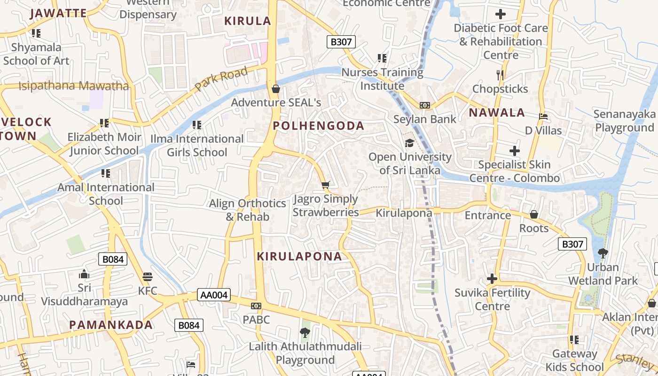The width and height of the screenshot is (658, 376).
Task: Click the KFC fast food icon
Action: click(x=148, y=276)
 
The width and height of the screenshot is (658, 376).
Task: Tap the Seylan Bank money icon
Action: click(x=425, y=105)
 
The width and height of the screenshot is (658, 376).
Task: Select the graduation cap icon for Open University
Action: click(x=409, y=143)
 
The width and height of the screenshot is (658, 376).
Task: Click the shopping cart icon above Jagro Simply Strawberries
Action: click(x=325, y=185)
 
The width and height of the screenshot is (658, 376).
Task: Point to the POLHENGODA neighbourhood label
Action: click(x=319, y=126)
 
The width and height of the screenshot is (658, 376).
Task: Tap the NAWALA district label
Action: click(x=497, y=113)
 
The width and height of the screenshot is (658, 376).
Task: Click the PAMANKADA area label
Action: click(x=111, y=325)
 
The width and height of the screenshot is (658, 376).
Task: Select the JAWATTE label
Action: click(x=58, y=13)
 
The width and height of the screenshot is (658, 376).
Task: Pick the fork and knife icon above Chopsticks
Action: click(x=500, y=75)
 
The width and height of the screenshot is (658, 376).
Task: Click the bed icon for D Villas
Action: click(x=543, y=117)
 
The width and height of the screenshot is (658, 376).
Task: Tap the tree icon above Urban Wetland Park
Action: click(x=603, y=253)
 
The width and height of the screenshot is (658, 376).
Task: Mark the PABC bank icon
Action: click(x=256, y=306)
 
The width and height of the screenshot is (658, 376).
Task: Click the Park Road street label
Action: click(x=221, y=79)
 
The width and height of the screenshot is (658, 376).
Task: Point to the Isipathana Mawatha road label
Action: click(x=73, y=86)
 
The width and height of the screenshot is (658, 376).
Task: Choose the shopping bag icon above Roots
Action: click(x=534, y=214)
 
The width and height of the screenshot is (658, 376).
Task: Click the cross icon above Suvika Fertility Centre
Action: click(x=492, y=279)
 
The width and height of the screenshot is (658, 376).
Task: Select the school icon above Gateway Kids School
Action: click(x=574, y=339)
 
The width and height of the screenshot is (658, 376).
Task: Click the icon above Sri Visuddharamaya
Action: click(x=84, y=274)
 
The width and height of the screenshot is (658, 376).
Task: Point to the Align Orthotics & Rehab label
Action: click(x=248, y=210)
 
